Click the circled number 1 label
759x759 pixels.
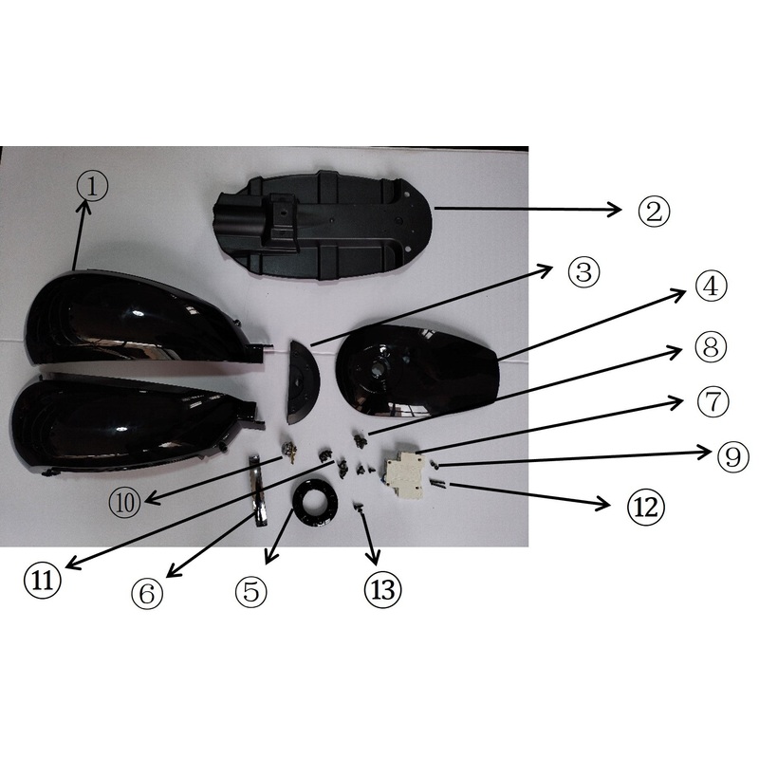pyautogui.click(x=93, y=187)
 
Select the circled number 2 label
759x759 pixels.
pyautogui.click(x=654, y=211)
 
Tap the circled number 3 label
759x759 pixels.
pyautogui.click(x=583, y=272)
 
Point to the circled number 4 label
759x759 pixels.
pyautogui.click(x=711, y=287)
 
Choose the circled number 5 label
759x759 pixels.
pyautogui.click(x=251, y=591)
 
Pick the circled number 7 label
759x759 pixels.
pyautogui.click(x=713, y=401)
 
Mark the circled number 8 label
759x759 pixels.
pyautogui.click(x=711, y=346)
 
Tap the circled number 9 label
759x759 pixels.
pyautogui.click(x=732, y=456)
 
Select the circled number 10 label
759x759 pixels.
pyautogui.click(x=125, y=503)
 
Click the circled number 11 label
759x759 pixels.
pyautogui.click(x=43, y=580)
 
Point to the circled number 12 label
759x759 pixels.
pyautogui.click(x=646, y=507)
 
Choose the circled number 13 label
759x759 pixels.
pyautogui.click(x=383, y=589)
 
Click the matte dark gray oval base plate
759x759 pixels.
pyautogui.click(x=323, y=227)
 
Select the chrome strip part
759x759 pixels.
pyautogui.click(x=256, y=490)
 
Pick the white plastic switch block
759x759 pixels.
pyautogui.click(x=402, y=473)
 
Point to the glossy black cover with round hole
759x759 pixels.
pyautogui.click(x=417, y=370)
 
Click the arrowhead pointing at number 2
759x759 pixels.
pyautogui.click(x=615, y=210)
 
